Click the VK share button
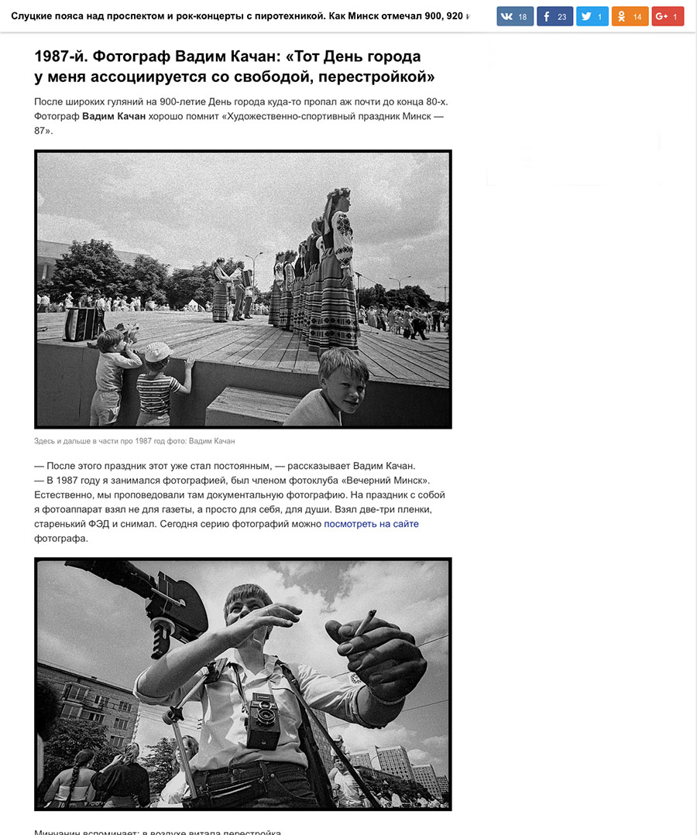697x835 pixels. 515,16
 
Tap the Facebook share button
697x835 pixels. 555,16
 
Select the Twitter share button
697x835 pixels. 592,16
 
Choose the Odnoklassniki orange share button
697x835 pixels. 630,16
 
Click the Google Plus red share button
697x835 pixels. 667,16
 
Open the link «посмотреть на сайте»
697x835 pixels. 371,524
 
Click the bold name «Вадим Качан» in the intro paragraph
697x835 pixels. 114,116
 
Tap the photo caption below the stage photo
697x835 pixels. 134,441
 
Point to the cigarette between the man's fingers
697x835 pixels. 366,618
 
